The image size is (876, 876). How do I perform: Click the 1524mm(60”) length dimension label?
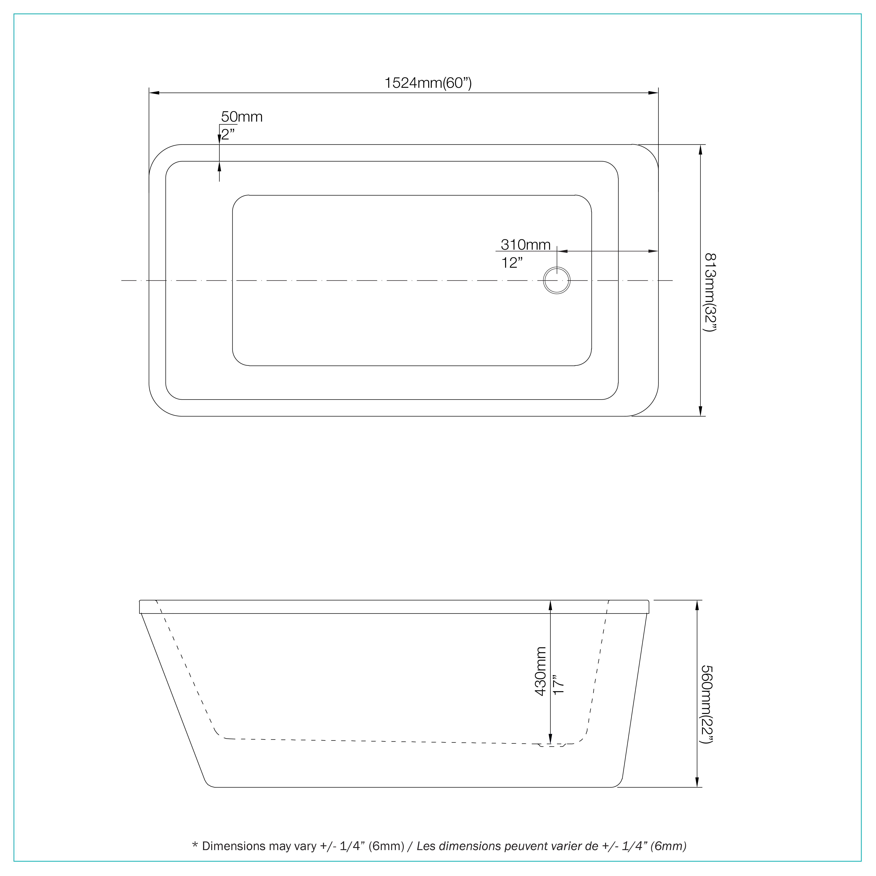coord(428,83)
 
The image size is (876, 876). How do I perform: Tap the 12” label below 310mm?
coord(512,262)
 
